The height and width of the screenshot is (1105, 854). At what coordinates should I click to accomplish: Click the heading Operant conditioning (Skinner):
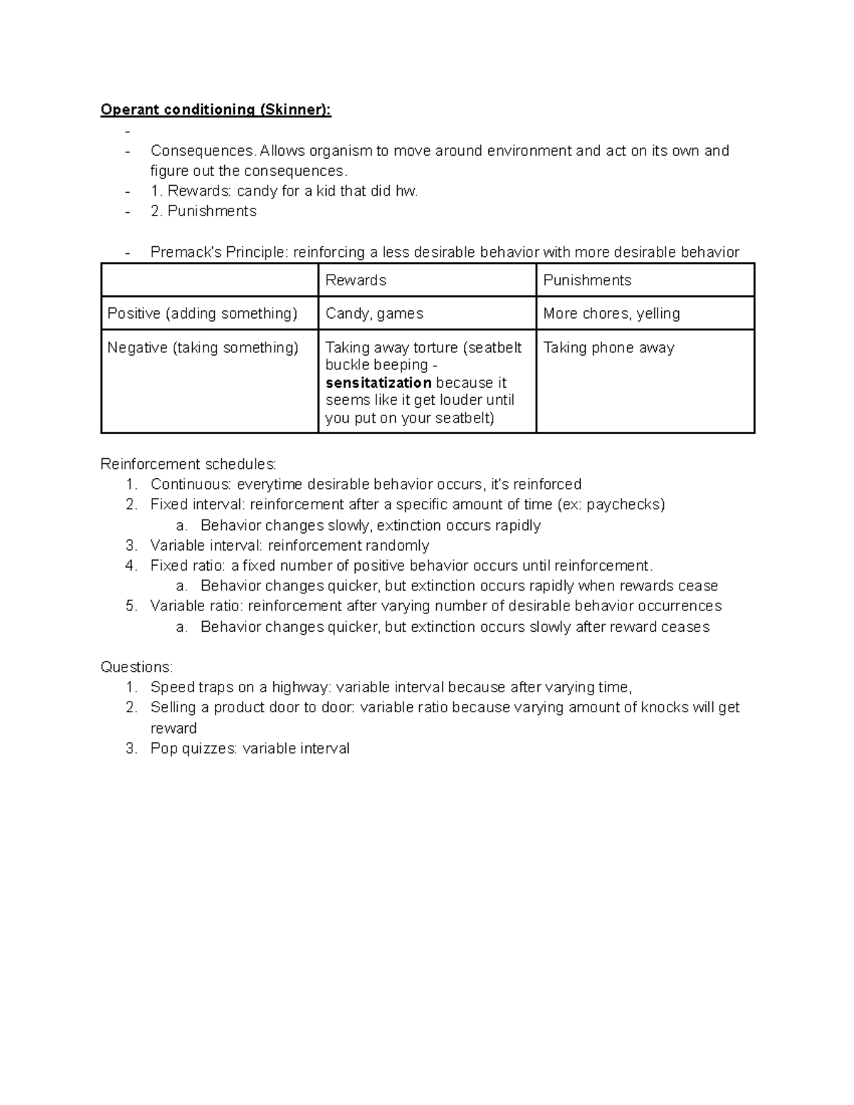[x=216, y=110]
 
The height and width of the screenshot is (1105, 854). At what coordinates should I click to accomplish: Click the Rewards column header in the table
[x=355, y=280]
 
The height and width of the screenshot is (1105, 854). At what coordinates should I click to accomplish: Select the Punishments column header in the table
[x=587, y=280]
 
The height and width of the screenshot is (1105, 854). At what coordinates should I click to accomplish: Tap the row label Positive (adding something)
[x=202, y=314]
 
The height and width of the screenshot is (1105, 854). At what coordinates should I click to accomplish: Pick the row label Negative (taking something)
[x=203, y=348]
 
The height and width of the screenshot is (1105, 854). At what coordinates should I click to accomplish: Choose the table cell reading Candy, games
[x=374, y=314]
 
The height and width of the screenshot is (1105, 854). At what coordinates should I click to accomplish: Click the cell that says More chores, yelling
[x=611, y=314]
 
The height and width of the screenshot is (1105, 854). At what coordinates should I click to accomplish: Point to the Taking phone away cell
[x=608, y=348]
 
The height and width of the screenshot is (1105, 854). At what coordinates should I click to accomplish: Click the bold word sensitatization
[x=379, y=383]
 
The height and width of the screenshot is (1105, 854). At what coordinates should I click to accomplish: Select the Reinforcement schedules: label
[x=189, y=465]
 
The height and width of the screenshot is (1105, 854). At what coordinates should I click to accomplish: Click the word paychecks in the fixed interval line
[x=623, y=504]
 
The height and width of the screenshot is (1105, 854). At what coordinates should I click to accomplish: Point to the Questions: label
[x=137, y=667]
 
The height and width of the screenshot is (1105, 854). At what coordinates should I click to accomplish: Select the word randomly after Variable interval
[x=397, y=546]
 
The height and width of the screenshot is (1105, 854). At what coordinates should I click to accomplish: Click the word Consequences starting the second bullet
[x=203, y=151]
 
